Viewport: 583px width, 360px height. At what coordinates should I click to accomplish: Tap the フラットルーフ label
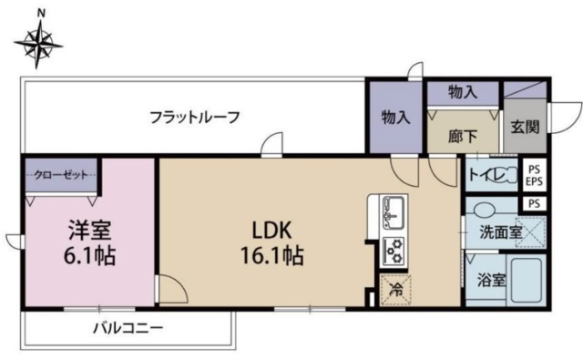[196, 117]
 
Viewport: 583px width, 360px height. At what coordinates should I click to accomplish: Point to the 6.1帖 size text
[88, 256]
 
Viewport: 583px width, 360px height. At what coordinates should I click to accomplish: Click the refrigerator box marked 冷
[396, 291]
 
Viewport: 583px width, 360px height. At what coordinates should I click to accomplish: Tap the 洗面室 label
[500, 232]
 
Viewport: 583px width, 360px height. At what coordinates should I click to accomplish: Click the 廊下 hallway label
[463, 138]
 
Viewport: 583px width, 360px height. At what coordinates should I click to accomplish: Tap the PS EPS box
[535, 174]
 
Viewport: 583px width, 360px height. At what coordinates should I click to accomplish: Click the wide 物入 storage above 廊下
[463, 92]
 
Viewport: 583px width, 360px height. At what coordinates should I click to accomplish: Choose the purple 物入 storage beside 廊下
[395, 118]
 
